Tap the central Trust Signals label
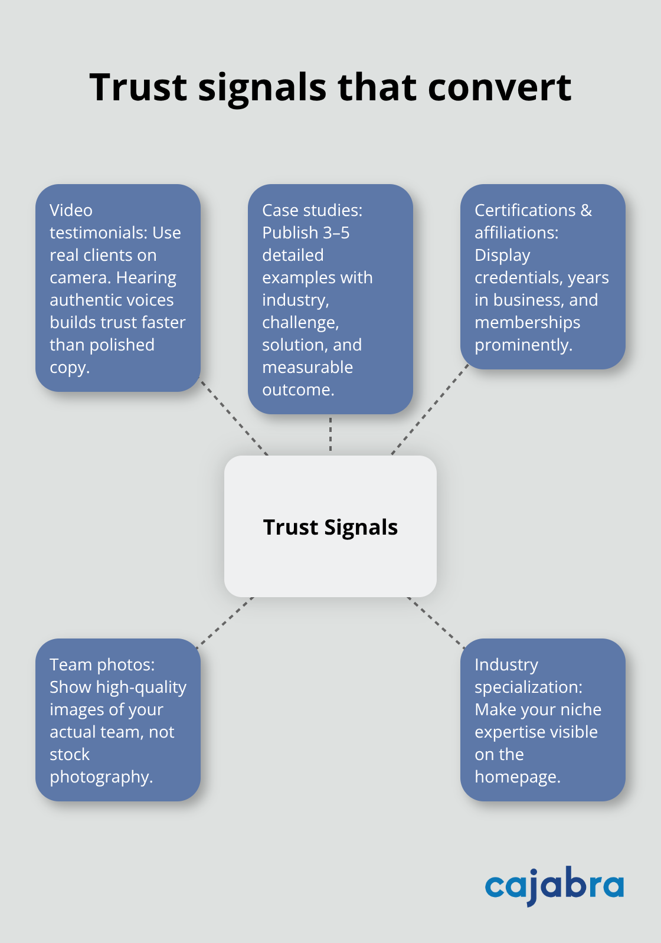pos(330,527)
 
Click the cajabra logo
pos(554,885)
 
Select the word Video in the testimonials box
pos(71,211)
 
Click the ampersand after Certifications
pos(585,211)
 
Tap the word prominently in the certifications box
pos(523,345)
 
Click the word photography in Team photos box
pos(101,777)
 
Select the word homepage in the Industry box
pos(517,777)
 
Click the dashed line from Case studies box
pos(330,434)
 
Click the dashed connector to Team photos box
pos(225,622)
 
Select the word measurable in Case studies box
pos(307,368)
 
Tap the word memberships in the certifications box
pos(527,323)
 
